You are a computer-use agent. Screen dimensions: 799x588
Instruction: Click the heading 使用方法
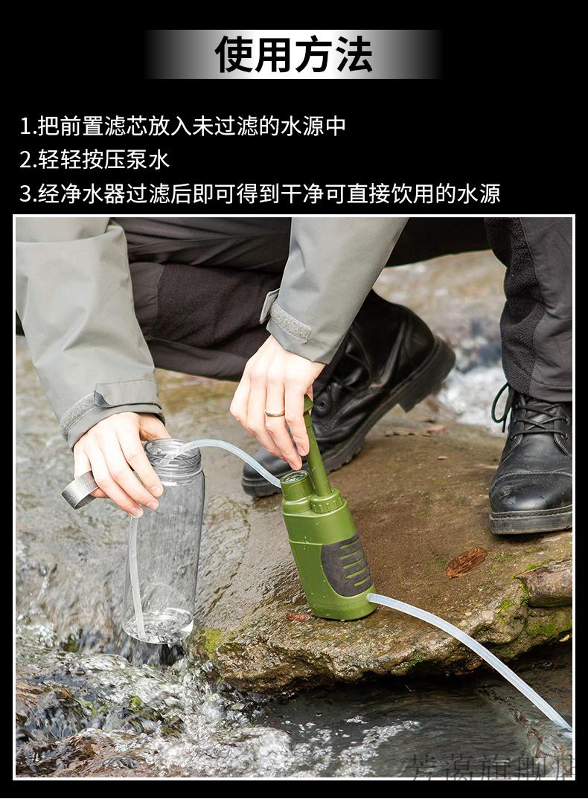coord(293,54)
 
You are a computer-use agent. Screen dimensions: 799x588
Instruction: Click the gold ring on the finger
coord(274,412)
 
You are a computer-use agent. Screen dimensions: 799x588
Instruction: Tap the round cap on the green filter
coord(297,484)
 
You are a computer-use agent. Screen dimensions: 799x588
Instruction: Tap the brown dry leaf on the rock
coord(466,562)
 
